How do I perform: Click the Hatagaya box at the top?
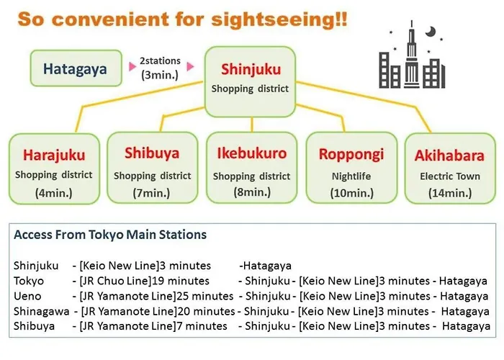(76, 68)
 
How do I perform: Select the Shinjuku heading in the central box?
(251, 69)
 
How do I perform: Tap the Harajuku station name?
(54, 155)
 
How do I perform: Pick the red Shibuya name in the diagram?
(152, 153)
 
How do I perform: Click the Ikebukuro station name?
(252, 153)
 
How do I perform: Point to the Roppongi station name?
(351, 154)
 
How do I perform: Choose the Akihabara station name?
(449, 156)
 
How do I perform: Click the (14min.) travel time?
(450, 193)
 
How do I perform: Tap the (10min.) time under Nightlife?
(351, 193)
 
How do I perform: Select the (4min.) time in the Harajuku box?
(54, 193)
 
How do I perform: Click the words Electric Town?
(450, 176)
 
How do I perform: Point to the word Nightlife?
(351, 176)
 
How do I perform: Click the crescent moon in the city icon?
(431, 32)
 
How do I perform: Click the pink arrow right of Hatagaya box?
(132, 66)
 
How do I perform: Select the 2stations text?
(160, 60)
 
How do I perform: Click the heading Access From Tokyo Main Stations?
(110, 235)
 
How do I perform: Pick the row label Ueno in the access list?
(27, 296)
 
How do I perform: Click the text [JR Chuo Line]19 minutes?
(145, 281)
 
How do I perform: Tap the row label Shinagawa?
(42, 311)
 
